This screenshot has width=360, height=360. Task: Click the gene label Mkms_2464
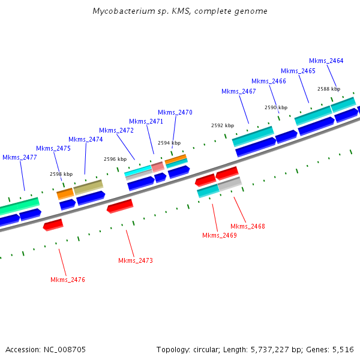326,61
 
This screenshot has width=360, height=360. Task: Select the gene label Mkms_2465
298,71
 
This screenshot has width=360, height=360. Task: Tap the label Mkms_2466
269,81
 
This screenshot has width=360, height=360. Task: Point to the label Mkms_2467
239,91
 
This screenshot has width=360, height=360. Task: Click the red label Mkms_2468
248,226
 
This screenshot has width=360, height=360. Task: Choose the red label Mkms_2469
220,235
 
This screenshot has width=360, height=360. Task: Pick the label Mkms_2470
175,112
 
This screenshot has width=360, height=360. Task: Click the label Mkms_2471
146,121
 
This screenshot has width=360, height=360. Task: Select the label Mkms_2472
116,130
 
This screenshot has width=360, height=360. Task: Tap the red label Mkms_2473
136,260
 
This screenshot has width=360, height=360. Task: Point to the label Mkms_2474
86,139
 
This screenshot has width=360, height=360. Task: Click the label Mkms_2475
53,148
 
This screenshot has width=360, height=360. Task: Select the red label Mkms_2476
68,280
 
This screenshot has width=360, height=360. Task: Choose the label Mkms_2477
20,157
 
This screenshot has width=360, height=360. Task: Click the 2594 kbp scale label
169,143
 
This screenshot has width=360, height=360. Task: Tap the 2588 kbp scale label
329,89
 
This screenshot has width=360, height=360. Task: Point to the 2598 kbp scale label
61,174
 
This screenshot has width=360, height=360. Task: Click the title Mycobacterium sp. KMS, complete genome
180,11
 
